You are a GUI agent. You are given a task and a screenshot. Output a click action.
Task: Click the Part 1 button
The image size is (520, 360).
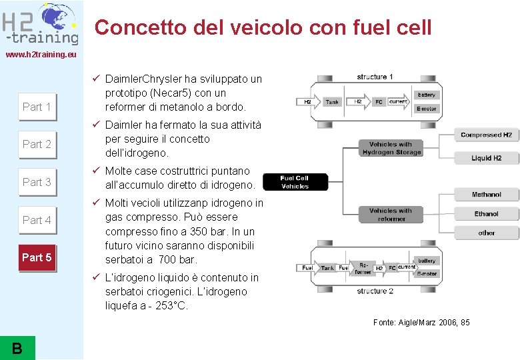(x=37, y=107)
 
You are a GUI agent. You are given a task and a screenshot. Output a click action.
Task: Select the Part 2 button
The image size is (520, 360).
(x=37, y=144)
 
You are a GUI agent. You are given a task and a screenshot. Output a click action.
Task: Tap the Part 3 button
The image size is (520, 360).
(x=37, y=182)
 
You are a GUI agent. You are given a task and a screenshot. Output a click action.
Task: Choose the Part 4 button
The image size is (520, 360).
(x=37, y=220)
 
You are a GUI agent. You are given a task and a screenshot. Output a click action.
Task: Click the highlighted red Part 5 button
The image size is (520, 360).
(x=37, y=257)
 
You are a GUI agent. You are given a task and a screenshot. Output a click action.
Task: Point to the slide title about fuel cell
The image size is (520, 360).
(x=263, y=27)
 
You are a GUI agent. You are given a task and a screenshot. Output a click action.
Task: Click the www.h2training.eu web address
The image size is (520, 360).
(x=41, y=54)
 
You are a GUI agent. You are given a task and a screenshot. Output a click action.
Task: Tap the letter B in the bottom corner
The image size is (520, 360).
(x=17, y=347)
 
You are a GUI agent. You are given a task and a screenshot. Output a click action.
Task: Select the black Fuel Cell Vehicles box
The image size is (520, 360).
(x=295, y=182)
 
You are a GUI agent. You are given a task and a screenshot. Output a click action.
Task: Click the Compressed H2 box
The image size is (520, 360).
(x=486, y=135)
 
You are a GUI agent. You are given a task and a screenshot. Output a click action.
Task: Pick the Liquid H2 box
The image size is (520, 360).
(x=486, y=158)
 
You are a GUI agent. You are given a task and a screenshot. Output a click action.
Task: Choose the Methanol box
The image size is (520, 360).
(x=486, y=195)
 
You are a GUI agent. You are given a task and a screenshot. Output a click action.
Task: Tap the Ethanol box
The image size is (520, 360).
(x=486, y=214)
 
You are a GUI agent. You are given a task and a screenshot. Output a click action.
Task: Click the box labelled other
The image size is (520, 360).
(x=486, y=233)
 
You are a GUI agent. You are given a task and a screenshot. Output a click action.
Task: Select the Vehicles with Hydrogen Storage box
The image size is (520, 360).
(x=391, y=148)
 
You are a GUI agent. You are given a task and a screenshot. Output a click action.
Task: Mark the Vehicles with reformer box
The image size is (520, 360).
(x=391, y=215)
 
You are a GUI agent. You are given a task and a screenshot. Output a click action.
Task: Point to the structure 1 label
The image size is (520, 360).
(x=375, y=77)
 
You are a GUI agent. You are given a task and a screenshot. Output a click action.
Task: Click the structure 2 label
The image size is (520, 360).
(x=375, y=291)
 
